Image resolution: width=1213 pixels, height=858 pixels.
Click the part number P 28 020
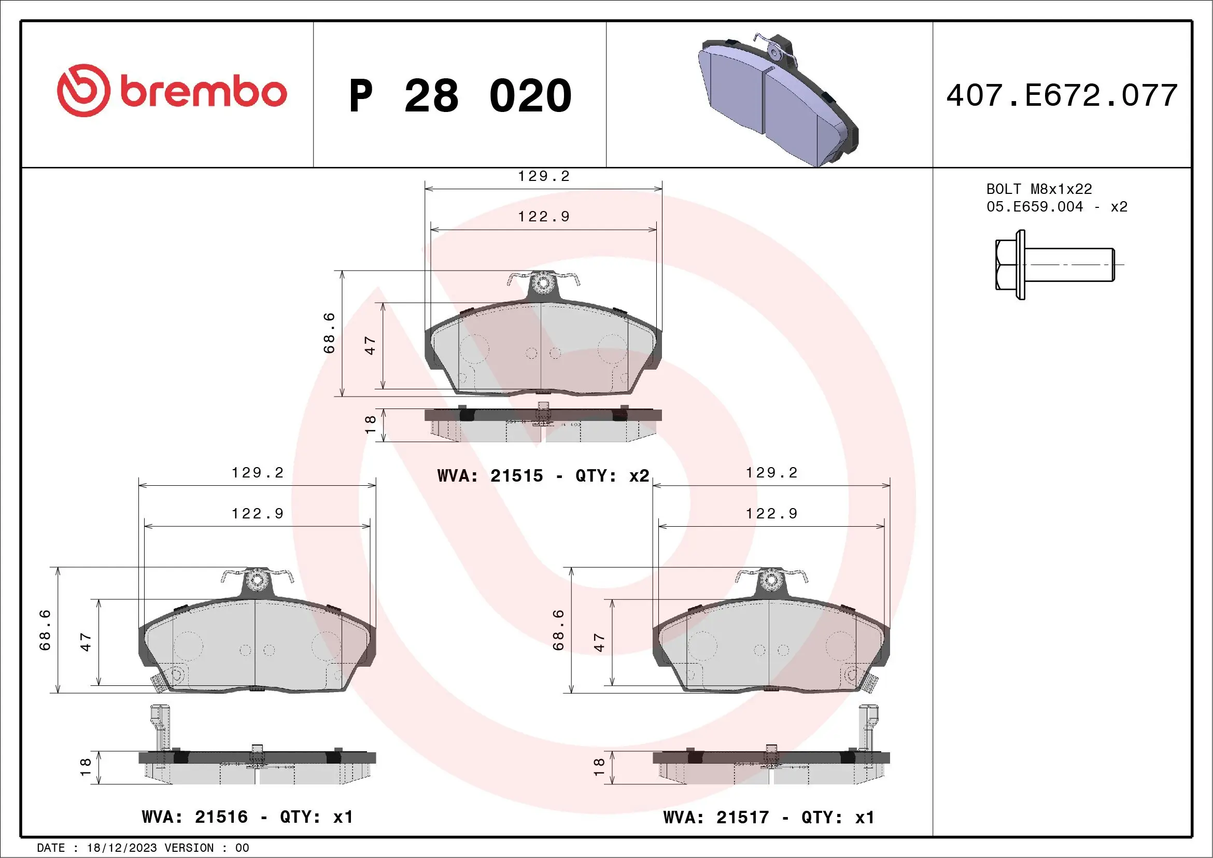(x=460, y=96)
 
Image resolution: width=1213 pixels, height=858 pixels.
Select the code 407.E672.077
(x=1062, y=95)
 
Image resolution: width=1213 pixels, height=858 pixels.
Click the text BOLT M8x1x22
(x=1039, y=189)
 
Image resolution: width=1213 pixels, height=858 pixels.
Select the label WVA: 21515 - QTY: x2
(x=543, y=476)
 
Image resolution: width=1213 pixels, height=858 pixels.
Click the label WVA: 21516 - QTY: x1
(x=247, y=818)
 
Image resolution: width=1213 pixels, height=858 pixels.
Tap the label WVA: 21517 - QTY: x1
(x=769, y=818)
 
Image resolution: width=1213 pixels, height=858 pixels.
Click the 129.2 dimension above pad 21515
(x=544, y=176)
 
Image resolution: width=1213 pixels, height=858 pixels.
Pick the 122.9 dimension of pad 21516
(x=257, y=514)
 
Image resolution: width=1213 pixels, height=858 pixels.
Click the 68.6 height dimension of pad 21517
(x=558, y=630)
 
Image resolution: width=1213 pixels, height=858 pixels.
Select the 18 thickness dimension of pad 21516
(x=86, y=767)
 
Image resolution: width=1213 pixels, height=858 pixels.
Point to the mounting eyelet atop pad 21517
(x=771, y=580)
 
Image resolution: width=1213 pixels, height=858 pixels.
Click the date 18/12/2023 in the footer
(x=121, y=848)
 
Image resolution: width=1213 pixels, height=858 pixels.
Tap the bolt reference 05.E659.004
(x=1035, y=206)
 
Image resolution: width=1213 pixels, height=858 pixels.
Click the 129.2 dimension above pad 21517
(x=771, y=473)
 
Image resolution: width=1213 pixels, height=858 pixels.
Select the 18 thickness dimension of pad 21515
(x=370, y=425)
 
